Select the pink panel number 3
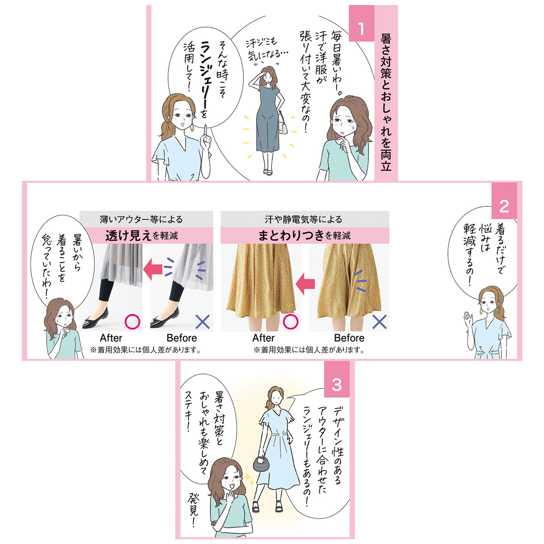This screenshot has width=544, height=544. [x=336, y=385]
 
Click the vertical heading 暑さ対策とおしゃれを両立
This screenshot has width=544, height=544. [x=386, y=102]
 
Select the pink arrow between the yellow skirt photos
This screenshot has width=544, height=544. [x=305, y=284]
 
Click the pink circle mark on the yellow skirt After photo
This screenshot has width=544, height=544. [x=290, y=321]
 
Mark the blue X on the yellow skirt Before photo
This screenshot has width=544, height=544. [x=379, y=322]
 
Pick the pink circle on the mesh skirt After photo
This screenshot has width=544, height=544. [x=132, y=321]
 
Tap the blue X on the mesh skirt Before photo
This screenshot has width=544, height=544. [x=202, y=322]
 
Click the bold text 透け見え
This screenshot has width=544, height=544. [x=128, y=235]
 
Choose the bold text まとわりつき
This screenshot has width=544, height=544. [x=291, y=235]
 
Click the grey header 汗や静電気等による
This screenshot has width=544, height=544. [x=303, y=219]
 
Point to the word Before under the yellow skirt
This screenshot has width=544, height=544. [x=349, y=338]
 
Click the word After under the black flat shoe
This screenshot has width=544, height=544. [x=111, y=338]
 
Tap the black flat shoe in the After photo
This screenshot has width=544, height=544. [x=95, y=318]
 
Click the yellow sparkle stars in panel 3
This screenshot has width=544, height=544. [x=249, y=479]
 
